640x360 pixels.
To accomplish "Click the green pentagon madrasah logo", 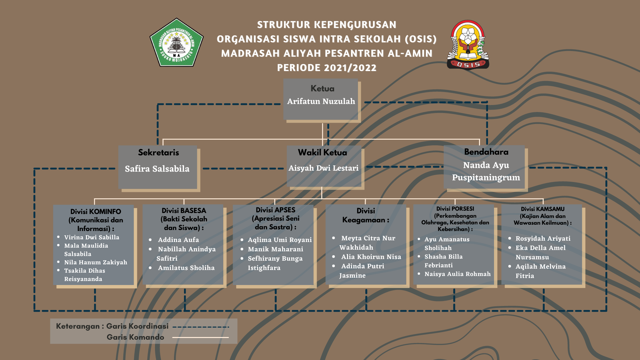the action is click(176, 43).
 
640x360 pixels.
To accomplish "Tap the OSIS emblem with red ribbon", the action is click(468, 45).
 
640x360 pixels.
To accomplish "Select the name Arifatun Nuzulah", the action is click(321, 101).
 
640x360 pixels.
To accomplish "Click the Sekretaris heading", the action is click(159, 152).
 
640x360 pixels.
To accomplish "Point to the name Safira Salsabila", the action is click(157, 169).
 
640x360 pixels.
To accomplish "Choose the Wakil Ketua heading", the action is click(322, 152).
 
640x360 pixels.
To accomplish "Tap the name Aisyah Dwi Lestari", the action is click(323, 168).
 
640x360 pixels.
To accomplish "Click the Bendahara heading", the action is click(486, 152).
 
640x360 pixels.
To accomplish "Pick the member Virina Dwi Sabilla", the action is click(92, 237).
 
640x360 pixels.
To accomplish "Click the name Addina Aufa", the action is click(178, 240).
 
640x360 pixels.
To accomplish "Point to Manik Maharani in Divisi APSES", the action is click(275, 249).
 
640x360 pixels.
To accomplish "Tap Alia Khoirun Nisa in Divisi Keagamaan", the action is click(371, 257).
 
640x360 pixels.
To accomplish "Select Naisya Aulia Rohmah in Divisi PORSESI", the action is click(457, 274).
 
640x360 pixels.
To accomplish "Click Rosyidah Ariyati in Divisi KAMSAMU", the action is click(543, 238).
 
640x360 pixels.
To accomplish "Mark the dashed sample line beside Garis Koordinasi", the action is click(201, 327).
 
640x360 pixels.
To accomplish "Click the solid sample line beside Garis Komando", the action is click(200, 337).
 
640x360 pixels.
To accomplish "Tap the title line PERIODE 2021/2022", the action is click(327, 68).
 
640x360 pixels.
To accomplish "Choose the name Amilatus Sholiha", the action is click(186, 268).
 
